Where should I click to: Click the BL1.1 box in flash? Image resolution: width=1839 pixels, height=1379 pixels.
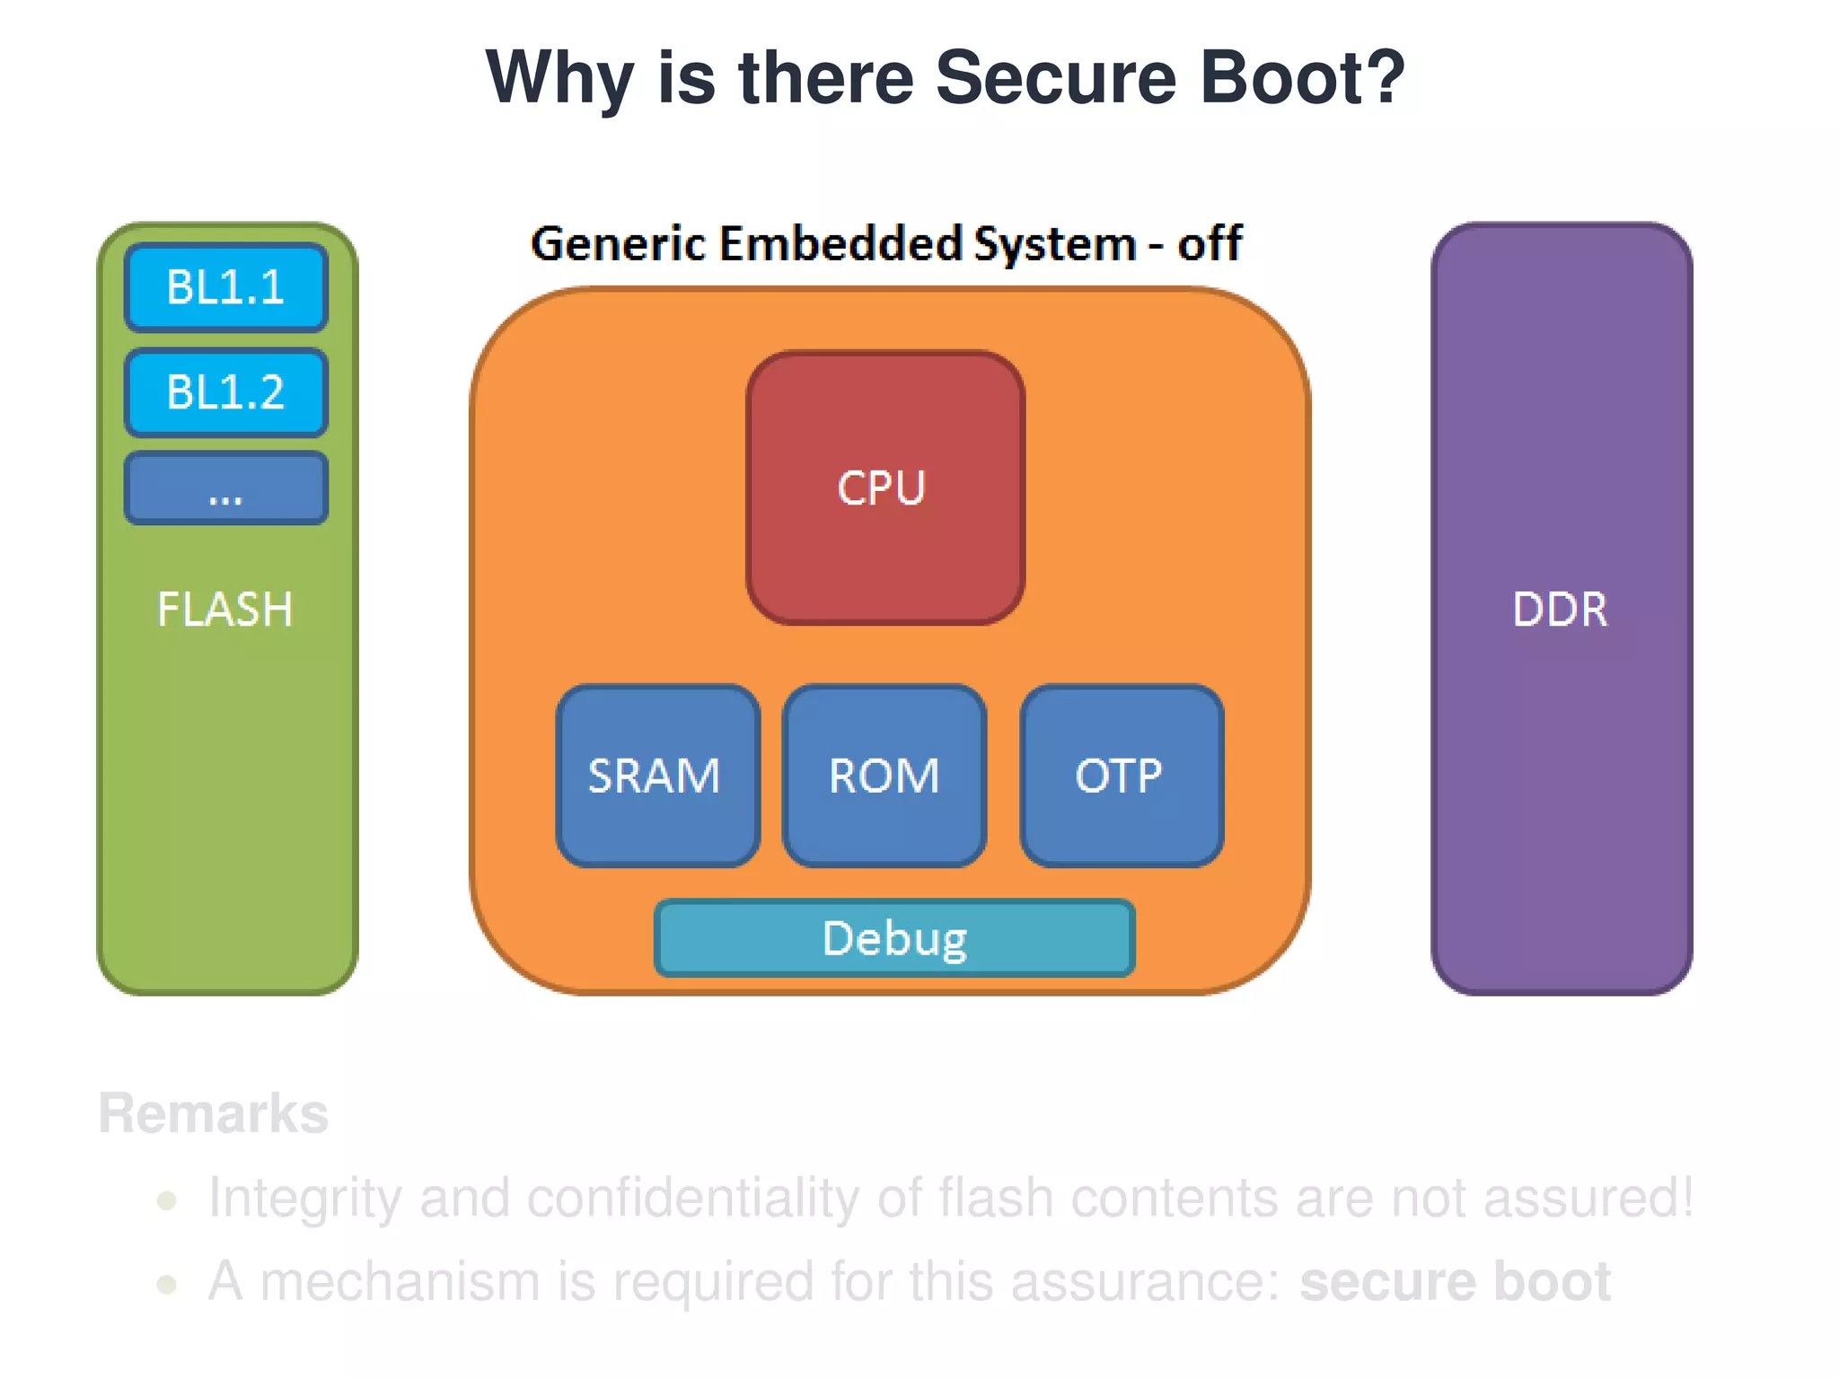pos(225,287)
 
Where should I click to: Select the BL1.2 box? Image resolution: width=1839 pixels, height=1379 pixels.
pos(225,392)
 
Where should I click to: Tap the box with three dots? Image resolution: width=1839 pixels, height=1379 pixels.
pos(225,488)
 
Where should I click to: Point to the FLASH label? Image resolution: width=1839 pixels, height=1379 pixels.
pos(224,610)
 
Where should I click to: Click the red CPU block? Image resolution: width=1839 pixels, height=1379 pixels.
pos(884,487)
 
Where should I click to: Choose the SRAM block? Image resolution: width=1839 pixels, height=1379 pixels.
pos(656,776)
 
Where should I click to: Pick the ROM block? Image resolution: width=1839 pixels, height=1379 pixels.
pos(884,776)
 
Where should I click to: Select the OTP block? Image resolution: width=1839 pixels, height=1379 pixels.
pos(1121,776)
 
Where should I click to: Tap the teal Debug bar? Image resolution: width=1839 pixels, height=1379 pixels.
pos(894,938)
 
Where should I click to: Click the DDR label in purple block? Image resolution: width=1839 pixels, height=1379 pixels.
pos(1560,610)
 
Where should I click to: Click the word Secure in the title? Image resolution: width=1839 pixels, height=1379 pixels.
pos(1055,78)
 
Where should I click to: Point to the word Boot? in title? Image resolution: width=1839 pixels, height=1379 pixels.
pos(1303,78)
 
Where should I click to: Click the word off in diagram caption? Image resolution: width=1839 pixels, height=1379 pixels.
pos(1210,243)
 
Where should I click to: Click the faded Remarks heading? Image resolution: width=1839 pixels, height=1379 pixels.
pos(214,1114)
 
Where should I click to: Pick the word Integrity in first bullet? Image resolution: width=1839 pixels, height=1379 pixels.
pos(304,1199)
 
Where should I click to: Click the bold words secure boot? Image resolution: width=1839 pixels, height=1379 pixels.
pos(1455,1281)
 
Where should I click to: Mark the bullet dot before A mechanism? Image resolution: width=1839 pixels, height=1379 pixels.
pos(166,1284)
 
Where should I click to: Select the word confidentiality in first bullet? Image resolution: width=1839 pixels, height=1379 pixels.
pos(692,1199)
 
